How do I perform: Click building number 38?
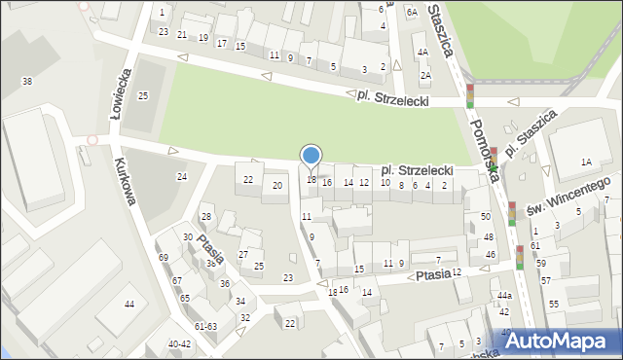point(27,81)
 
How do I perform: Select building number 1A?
point(586,162)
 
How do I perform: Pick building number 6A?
point(412,12)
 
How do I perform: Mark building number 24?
point(181,176)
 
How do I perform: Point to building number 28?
point(205,216)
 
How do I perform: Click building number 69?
point(164,257)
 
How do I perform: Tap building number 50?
point(486,216)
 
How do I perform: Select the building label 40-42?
point(179,343)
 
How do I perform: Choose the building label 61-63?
point(205,327)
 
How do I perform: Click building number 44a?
point(503,295)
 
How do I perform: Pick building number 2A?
point(425,75)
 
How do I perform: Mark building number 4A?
point(421,53)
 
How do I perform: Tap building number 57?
point(546,280)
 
